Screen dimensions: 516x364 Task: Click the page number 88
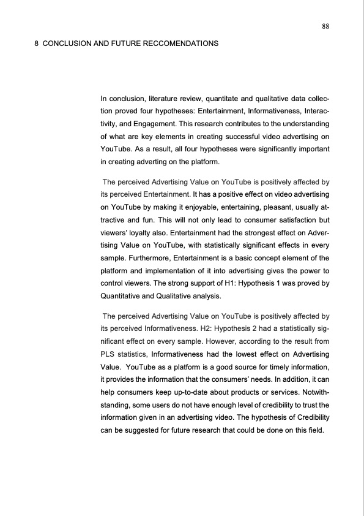[x=325, y=26]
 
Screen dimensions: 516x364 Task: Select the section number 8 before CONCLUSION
[x=37, y=45]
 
